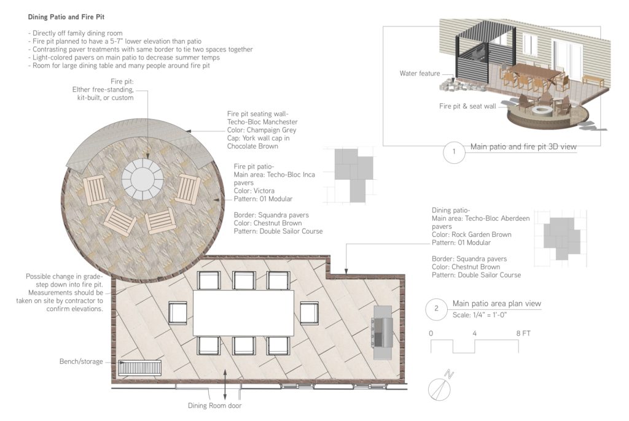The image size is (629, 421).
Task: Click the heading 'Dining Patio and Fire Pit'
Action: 66,17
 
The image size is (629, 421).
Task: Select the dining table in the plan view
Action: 243,312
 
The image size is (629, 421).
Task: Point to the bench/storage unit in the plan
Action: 140,368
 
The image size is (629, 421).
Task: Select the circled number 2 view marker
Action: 436,309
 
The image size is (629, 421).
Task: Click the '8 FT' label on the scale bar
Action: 523,333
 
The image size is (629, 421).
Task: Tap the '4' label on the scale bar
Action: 475,333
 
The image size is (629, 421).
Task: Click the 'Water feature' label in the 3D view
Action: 420,74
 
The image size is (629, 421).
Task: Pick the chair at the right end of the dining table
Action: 309,313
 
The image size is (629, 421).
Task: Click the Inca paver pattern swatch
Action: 353,174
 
